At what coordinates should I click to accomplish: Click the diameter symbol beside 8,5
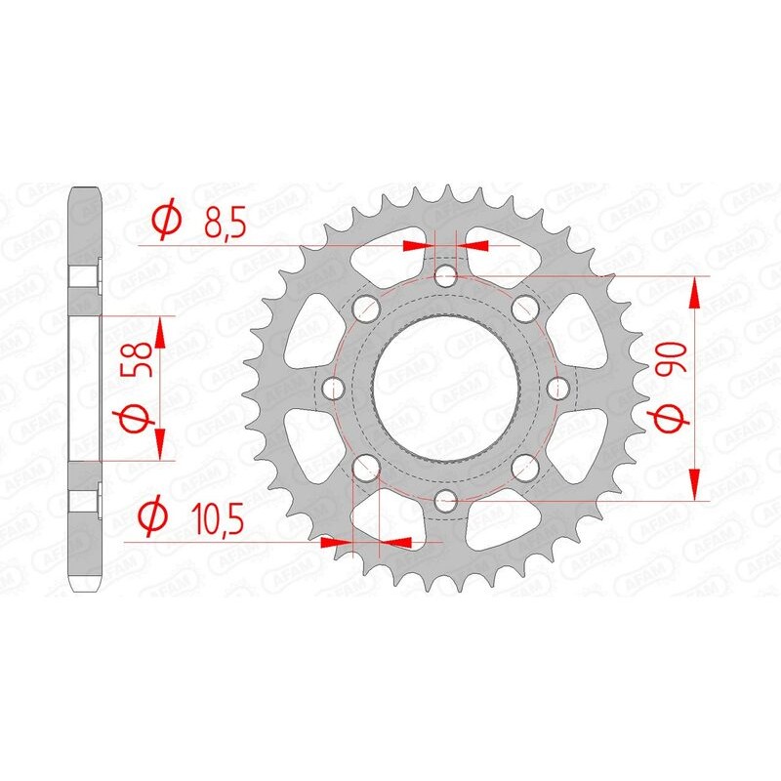167,222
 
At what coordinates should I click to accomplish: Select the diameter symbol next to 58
138,422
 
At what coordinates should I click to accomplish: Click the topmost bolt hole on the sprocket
446,277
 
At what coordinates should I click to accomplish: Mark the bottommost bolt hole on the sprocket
446,503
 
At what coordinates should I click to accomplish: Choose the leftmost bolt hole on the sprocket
334,390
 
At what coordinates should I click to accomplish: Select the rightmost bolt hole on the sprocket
559,390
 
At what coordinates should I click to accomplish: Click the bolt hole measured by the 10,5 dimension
366,470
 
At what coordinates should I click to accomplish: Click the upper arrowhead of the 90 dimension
695,291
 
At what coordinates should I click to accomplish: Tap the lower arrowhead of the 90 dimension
695,486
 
